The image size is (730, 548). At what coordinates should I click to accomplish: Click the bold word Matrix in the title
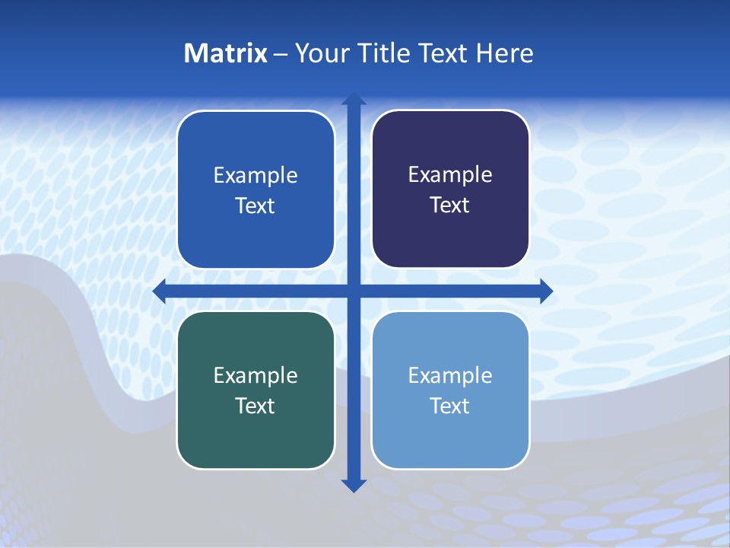point(226,53)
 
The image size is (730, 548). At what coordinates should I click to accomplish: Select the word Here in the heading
point(504,53)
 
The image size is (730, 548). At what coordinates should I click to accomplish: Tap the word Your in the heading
point(322,53)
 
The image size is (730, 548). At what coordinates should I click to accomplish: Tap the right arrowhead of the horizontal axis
point(545,292)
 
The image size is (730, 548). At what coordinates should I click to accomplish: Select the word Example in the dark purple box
point(450,175)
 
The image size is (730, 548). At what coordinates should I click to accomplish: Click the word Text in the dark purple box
point(450,205)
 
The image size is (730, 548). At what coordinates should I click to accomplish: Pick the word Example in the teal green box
point(255,376)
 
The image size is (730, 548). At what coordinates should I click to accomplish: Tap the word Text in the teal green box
point(255,406)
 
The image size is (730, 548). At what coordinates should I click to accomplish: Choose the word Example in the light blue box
point(450,376)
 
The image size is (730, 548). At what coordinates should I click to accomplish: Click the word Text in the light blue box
point(450,406)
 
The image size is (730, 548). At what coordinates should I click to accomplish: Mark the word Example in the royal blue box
point(255,176)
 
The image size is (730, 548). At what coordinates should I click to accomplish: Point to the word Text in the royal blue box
point(255,206)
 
